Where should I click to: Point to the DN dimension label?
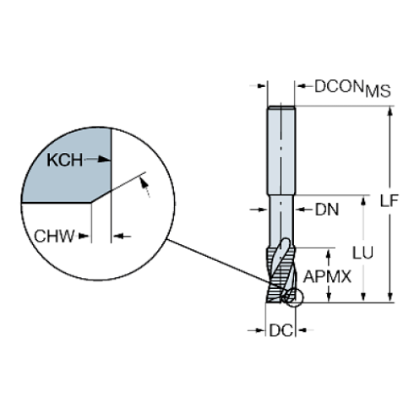[x=326, y=210]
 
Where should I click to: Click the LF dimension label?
[x=389, y=201]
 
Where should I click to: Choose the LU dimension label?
[x=364, y=251]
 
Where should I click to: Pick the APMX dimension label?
[x=327, y=276]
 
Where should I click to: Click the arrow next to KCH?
[x=101, y=159]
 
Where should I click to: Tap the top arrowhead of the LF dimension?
[x=389, y=111]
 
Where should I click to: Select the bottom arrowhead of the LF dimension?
[x=389, y=295]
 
